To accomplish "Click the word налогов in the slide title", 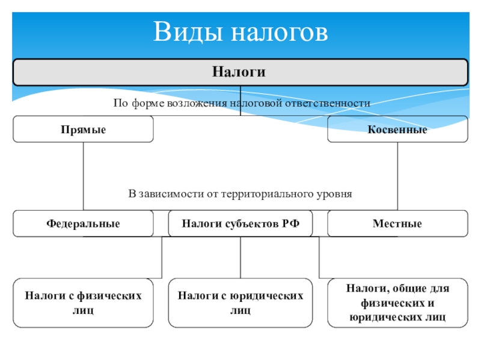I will coord(278,32).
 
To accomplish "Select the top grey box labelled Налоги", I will coord(240,72).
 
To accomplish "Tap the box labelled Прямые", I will coord(83,129).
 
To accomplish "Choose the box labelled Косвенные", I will coord(397,129).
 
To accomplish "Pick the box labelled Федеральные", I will coord(83,224).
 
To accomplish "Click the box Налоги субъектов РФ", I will coord(240,224).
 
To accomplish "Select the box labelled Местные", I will coord(397,224).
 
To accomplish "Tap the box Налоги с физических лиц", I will coord(83,303).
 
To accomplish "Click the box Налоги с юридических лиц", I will coord(240,303).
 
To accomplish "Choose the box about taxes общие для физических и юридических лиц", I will coord(397,303).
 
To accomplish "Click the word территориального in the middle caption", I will coord(262,194).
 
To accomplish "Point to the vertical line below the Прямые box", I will coord(83,174).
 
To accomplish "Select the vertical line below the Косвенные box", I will coord(397,174).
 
